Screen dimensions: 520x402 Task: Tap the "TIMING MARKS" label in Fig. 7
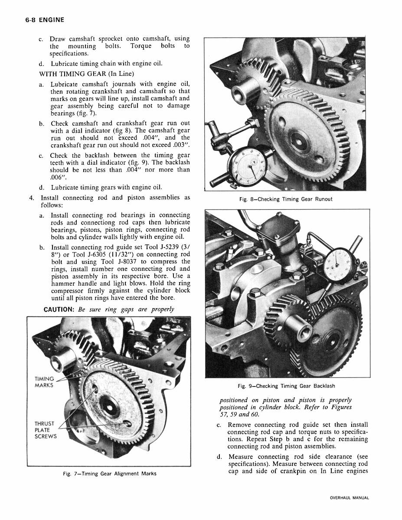pyautogui.click(x=44, y=382)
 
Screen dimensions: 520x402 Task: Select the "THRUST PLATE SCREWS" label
pyautogui.click(x=46, y=430)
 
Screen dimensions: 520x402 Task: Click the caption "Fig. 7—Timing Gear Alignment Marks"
pyautogui.click(x=109, y=474)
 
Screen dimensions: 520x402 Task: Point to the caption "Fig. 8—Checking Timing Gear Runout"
pyautogui.click(x=285, y=199)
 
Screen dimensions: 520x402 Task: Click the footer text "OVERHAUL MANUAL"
pyautogui.click(x=349, y=497)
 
